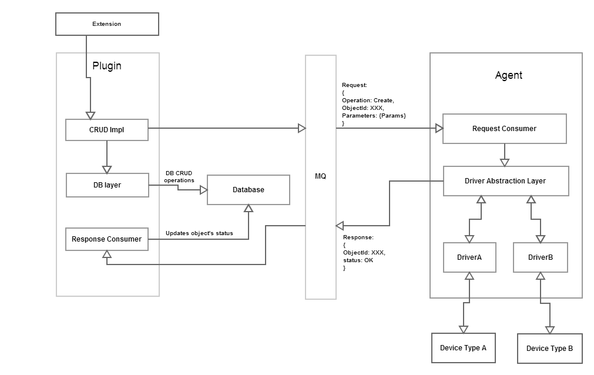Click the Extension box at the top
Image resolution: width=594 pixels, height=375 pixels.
pyautogui.click(x=107, y=24)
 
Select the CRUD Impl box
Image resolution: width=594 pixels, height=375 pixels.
pyautogui.click(x=107, y=130)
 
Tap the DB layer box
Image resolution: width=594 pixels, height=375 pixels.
pyautogui.click(x=107, y=185)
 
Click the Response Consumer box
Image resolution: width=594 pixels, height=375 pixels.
pyautogui.click(x=107, y=239)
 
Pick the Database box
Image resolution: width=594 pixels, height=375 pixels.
pyautogui.click(x=249, y=190)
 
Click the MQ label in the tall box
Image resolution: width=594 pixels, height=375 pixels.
pyautogui.click(x=321, y=176)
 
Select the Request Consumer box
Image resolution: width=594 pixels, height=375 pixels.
pyautogui.click(x=504, y=129)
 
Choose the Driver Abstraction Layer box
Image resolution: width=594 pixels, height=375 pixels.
pyautogui.click(x=505, y=181)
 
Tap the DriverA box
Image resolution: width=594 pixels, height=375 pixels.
pyautogui.click(x=469, y=257)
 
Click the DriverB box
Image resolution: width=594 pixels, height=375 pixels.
pyautogui.click(x=540, y=257)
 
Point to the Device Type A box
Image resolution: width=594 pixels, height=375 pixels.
pyautogui.click(x=463, y=348)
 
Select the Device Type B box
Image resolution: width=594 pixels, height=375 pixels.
pyautogui.click(x=549, y=349)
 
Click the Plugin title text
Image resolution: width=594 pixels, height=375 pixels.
pyautogui.click(x=107, y=66)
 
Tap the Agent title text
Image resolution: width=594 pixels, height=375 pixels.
pyautogui.click(x=508, y=75)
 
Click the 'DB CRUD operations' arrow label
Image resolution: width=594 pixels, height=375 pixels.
pyautogui.click(x=179, y=176)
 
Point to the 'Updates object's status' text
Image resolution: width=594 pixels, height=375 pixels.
pyautogui.click(x=199, y=233)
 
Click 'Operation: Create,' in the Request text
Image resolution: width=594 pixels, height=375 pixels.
pyautogui.click(x=368, y=101)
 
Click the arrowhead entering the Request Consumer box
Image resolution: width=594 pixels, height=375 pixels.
pyautogui.click(x=438, y=128)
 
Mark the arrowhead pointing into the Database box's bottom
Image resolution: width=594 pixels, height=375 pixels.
pyautogui.click(x=249, y=209)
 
